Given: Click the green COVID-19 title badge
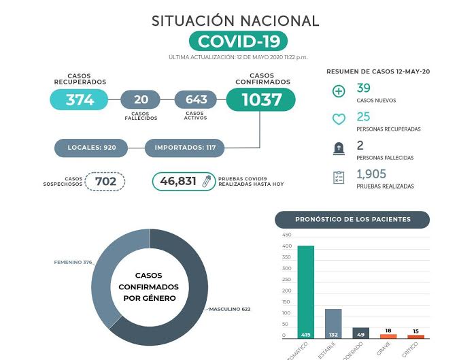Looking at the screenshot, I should click(238, 41).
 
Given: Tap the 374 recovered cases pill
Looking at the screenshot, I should click(80, 100).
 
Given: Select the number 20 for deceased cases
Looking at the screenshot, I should click(140, 99).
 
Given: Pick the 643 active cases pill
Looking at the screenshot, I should click(196, 99).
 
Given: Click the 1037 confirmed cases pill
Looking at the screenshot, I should click(260, 100).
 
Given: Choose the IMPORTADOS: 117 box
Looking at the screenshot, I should click(184, 147).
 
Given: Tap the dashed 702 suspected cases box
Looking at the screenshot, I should click(105, 181).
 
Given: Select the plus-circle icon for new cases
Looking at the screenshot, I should click(339, 92).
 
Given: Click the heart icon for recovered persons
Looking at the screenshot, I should click(339, 120).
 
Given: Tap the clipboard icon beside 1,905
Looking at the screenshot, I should click(339, 178).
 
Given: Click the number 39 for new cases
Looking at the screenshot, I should click(364, 88).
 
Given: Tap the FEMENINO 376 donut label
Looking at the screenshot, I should click(72, 262).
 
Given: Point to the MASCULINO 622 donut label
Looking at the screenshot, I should click(230, 310).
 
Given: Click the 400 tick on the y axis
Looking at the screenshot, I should click(287, 246).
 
